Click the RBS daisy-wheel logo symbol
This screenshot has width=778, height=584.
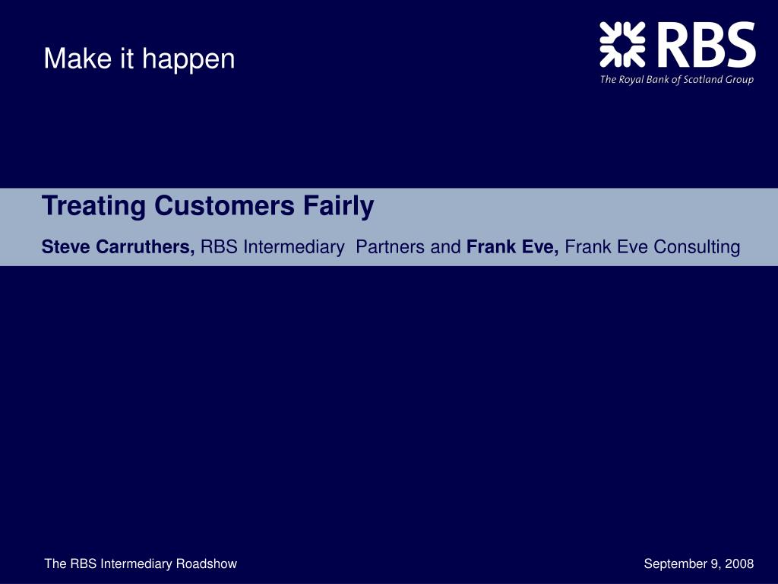622,44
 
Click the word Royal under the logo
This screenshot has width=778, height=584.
629,80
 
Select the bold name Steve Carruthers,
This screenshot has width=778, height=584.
119,247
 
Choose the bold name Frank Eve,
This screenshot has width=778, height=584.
513,247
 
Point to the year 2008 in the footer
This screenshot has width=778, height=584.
739,563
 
